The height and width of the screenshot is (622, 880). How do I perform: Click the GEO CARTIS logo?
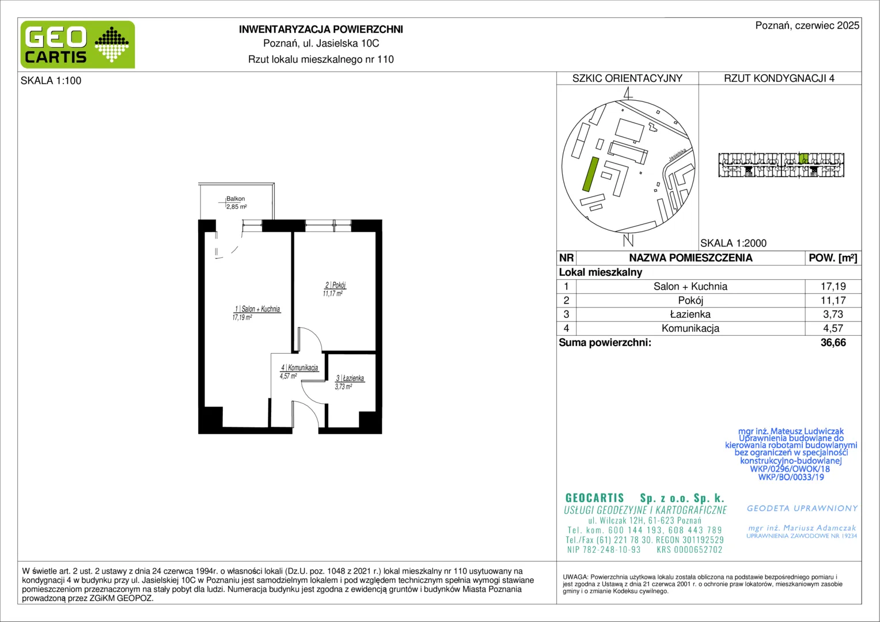pos(78,44)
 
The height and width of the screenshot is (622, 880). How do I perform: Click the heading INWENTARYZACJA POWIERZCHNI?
pos(321,29)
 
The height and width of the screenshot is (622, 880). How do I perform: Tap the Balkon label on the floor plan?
pos(236,199)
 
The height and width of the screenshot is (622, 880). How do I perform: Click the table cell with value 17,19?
pos(833,286)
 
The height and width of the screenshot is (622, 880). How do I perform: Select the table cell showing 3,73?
pos(833,314)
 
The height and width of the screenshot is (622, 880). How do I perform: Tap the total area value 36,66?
pos(833,343)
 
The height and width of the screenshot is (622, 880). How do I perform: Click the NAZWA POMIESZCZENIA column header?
pos(691,258)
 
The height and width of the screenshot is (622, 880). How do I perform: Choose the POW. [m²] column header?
pos(833,258)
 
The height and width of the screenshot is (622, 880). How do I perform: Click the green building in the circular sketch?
pos(590,174)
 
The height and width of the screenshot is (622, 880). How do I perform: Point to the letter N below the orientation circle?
pos(628,240)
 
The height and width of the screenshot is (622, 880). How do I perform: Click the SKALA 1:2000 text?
pos(734,243)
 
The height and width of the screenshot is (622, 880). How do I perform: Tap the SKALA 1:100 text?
pos(51,81)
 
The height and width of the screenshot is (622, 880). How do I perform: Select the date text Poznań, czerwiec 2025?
pos(807,25)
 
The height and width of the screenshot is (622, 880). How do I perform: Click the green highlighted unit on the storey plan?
pos(803,158)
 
